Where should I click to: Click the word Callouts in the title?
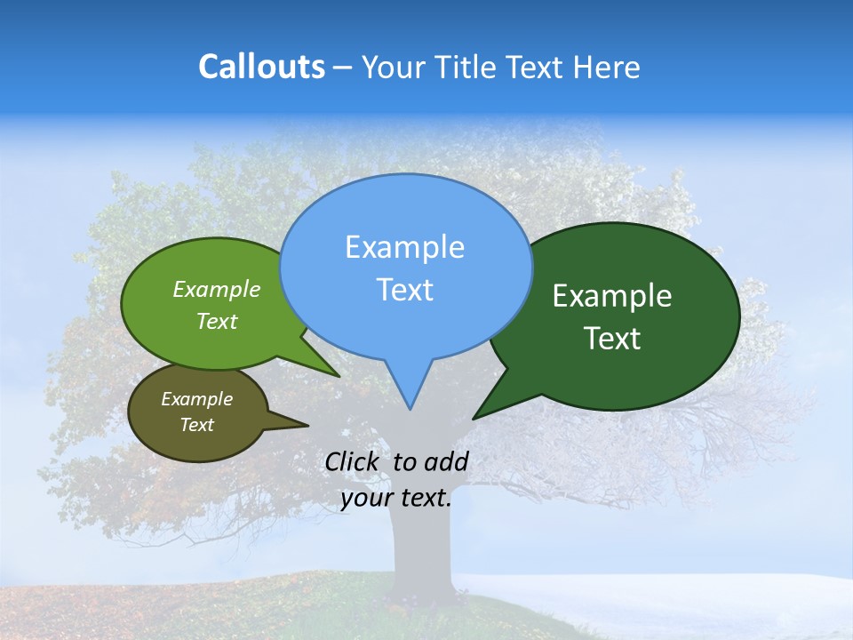tap(261, 67)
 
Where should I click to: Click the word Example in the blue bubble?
tap(404, 247)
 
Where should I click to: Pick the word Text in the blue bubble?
tap(404, 290)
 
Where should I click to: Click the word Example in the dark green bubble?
tap(611, 296)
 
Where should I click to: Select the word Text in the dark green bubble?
tap(612, 339)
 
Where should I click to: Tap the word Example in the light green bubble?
tap(216, 289)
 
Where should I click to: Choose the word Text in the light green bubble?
tap(216, 321)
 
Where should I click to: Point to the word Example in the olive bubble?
tap(196, 399)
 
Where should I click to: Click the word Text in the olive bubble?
tap(196, 425)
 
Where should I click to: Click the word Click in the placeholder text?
tap(354, 461)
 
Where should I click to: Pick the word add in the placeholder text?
tap(446, 461)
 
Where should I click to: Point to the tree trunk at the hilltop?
tap(418, 551)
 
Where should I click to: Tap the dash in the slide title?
tap(343, 68)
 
